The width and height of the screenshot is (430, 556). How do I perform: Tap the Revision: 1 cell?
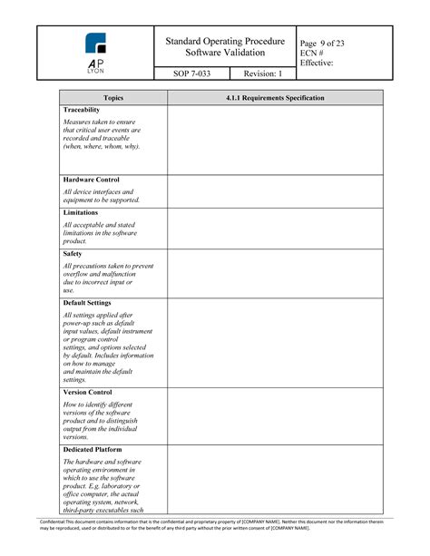point(263,74)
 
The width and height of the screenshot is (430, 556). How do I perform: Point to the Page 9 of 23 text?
point(322,43)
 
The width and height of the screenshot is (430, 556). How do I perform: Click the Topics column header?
point(113,97)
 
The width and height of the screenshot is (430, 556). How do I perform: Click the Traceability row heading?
point(82,110)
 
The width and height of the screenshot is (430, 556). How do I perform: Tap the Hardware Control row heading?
point(92,180)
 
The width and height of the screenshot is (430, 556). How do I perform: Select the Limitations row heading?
point(81,212)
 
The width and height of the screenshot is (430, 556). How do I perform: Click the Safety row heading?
point(73,254)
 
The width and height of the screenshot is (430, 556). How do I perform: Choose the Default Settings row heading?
point(88,303)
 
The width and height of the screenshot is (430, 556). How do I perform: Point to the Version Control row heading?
point(89,393)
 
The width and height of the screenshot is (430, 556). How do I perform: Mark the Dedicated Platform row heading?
point(93,449)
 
